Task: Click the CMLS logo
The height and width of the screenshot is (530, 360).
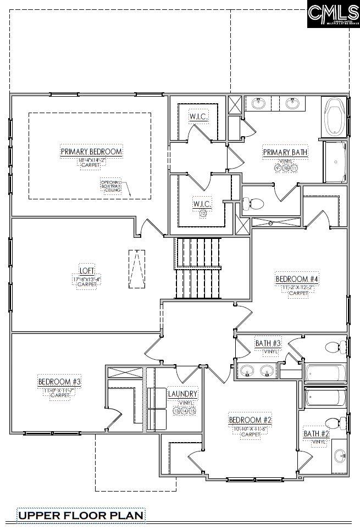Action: tap(333, 14)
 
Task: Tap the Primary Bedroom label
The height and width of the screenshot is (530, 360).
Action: tap(91, 152)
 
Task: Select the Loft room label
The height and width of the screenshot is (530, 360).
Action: tap(87, 271)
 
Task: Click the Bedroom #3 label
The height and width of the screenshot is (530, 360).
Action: tap(59, 381)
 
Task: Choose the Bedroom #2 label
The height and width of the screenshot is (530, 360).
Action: tap(250, 420)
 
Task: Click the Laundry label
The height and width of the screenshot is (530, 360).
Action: tap(182, 394)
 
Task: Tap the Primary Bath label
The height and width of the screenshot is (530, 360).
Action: tap(285, 152)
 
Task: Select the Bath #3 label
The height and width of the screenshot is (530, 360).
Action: tap(268, 343)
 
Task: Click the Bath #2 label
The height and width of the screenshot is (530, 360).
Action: tap(317, 434)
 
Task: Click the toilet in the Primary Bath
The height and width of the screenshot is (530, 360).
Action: tap(254, 204)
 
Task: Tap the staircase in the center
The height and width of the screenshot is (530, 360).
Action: tap(198, 267)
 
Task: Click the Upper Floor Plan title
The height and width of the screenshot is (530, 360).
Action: tap(81, 515)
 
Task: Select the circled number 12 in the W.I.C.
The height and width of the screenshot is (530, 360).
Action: tap(203, 214)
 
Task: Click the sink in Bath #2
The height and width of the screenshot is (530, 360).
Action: tap(340, 455)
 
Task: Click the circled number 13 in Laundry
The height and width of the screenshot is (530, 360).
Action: tap(176, 411)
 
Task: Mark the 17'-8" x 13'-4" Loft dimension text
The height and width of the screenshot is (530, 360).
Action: tap(87, 279)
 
